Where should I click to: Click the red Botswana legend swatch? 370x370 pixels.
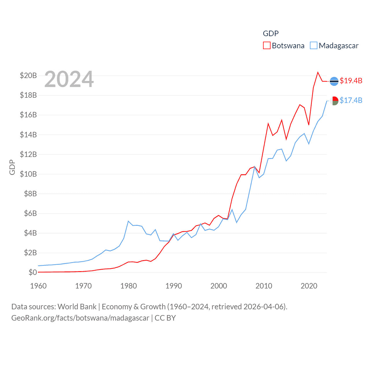(267, 46)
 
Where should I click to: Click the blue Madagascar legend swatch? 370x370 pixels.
(313, 46)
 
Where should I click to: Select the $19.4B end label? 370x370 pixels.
(351, 81)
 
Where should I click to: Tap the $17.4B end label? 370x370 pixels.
(351, 100)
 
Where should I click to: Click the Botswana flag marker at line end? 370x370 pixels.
(334, 82)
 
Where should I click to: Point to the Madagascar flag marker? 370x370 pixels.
(334, 101)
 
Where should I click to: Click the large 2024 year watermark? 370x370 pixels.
(69, 79)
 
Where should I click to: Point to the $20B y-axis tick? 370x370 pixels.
(28, 76)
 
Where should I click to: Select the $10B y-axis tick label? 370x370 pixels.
(28, 174)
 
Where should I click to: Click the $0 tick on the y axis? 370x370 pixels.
(33, 272)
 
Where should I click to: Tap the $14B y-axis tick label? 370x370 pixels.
(28, 135)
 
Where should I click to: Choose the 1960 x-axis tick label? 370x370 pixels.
(38, 286)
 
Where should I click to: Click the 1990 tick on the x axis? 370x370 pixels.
(174, 286)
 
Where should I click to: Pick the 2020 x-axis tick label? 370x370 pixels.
(309, 286)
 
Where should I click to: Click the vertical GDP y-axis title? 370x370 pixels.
(12, 167)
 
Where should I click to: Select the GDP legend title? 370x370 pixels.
(271, 34)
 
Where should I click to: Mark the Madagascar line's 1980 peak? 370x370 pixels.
(128, 221)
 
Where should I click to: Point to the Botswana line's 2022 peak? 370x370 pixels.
(318, 72)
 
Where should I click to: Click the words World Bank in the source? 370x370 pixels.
(77, 307)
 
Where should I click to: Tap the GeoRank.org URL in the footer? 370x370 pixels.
(80, 318)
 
